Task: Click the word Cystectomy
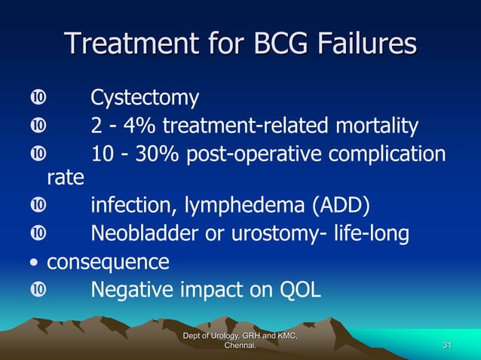145,98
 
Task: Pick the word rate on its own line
65,179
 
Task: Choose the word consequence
108,262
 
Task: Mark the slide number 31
448,345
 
